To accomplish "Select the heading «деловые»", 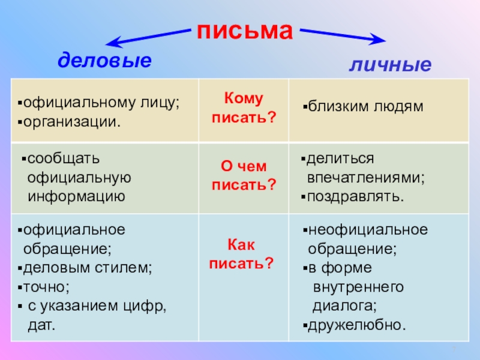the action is coord(104,60).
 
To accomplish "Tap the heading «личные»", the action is coord(391,64).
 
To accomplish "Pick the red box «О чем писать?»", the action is coord(244,176).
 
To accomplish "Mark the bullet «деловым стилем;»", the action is coord(88,268).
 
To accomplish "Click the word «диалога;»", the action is coord(345,306).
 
